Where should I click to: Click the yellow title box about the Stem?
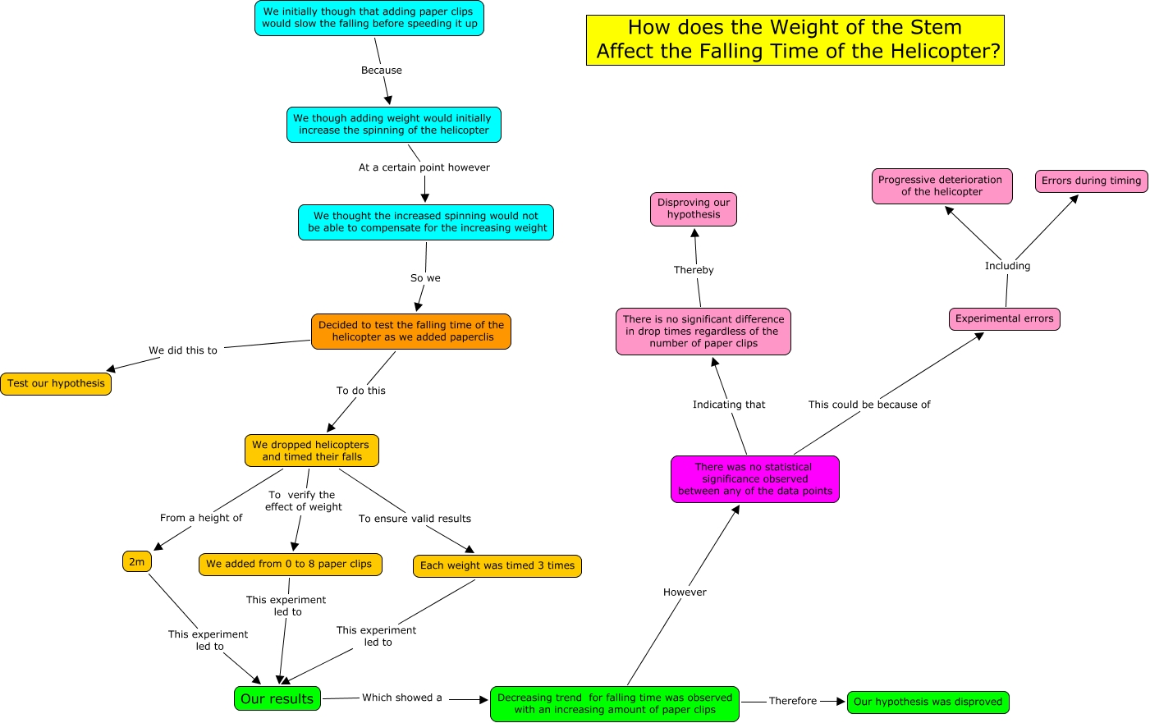795,39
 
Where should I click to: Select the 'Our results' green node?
277,698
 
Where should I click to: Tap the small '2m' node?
137,562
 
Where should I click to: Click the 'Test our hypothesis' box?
56,383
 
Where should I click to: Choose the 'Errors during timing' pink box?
1091,181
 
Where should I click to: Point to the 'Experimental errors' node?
1004,318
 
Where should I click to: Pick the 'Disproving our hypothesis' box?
694,208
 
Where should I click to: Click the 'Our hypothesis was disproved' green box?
928,702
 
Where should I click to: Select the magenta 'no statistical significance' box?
754,479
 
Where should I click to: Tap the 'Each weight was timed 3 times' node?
497,565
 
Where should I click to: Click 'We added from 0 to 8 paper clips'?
289,564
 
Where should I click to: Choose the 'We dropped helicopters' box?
311,451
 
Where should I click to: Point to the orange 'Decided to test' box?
410,331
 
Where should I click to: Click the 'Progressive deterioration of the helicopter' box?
941,185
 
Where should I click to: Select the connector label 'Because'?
382,71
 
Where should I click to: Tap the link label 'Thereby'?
694,270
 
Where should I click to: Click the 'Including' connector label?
1007,266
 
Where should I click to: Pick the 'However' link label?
685,593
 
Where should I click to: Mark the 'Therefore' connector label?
792,701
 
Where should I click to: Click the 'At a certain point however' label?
424,167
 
